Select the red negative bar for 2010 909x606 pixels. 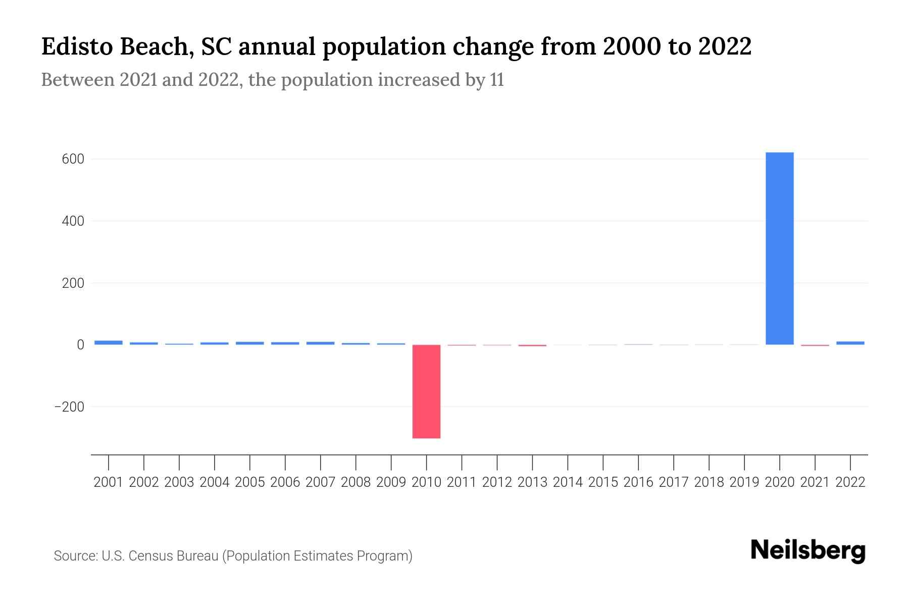(x=426, y=391)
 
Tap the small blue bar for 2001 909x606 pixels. (x=109, y=342)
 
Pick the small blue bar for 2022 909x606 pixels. (x=850, y=343)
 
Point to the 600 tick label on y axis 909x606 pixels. (x=73, y=159)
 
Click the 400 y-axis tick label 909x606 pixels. (x=73, y=221)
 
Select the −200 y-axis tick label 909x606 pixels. (x=70, y=407)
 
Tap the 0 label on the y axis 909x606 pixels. (x=80, y=345)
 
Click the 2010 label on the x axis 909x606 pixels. (x=426, y=482)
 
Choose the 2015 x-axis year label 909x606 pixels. (x=603, y=482)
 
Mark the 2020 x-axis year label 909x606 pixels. (x=779, y=482)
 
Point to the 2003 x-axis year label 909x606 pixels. (x=179, y=482)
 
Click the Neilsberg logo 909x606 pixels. (x=808, y=551)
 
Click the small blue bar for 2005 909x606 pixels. (x=250, y=343)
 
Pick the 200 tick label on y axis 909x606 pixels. (x=73, y=283)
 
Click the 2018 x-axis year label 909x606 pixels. (x=709, y=482)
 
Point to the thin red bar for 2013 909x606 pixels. (x=532, y=345)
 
